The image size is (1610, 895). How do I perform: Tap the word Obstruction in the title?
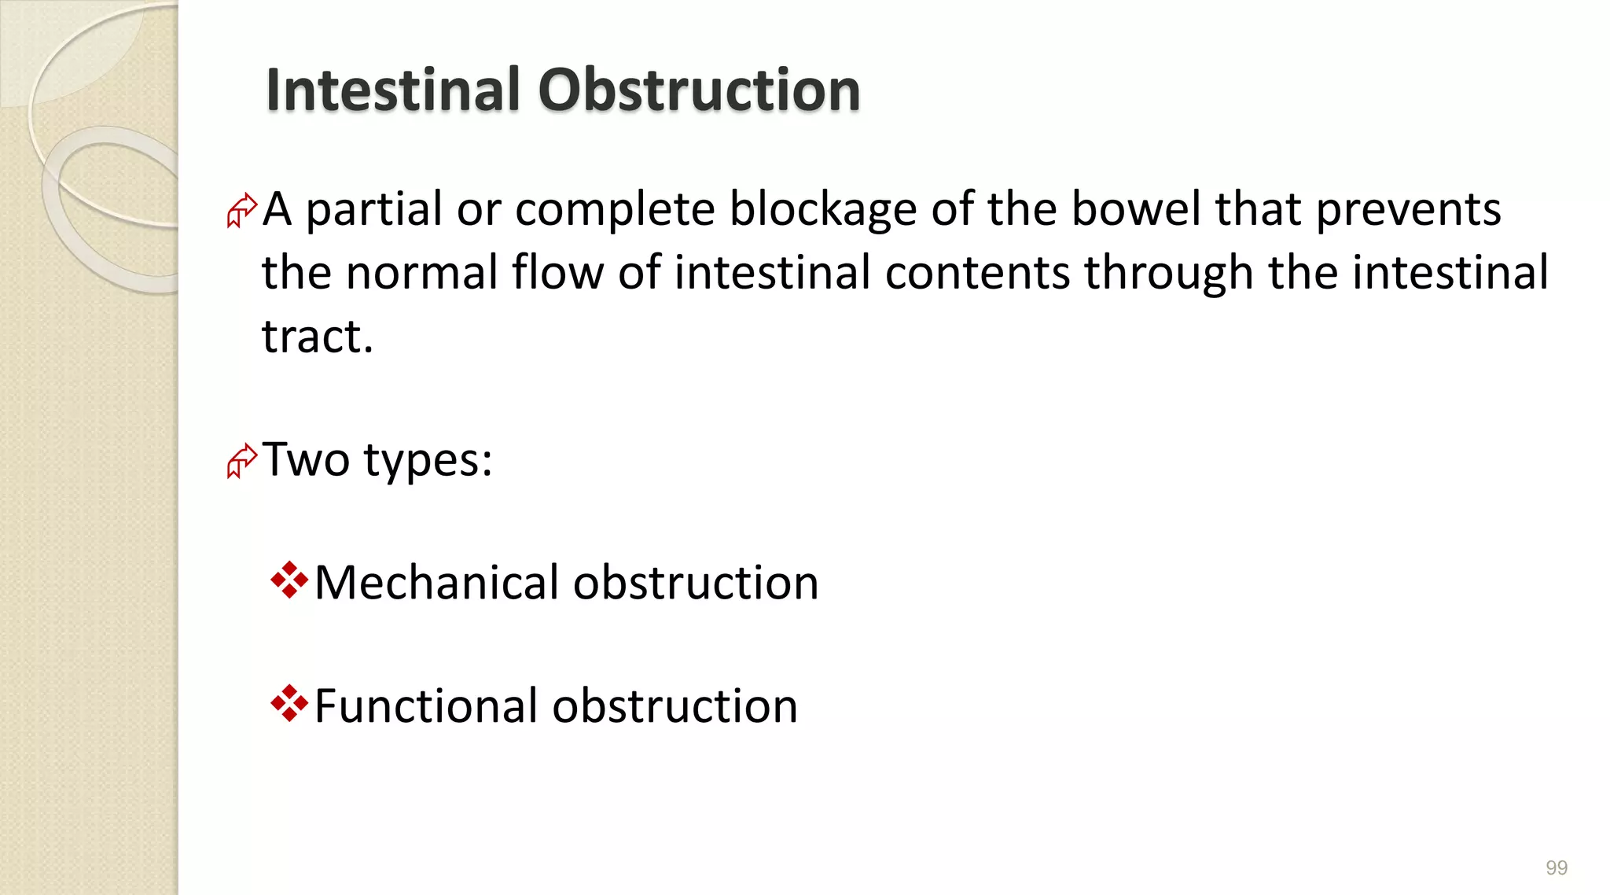pos(699,90)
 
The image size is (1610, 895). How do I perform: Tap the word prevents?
pos(1408,210)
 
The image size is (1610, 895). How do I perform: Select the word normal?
pos(421,273)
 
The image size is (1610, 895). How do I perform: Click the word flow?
pos(557,273)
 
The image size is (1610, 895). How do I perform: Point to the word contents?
pos(977,273)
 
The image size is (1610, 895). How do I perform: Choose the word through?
pos(1168,273)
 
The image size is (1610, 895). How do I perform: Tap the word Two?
pos(306,459)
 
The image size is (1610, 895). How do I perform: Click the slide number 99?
pos(1556,867)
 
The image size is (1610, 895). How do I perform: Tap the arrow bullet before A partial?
pos(241,210)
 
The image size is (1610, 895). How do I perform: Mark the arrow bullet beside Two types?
pos(241,461)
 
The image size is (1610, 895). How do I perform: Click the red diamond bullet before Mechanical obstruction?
pos(289,580)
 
